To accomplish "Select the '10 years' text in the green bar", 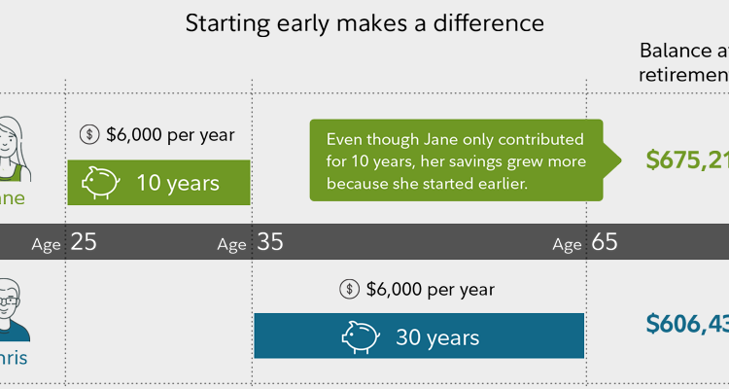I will point(178,183).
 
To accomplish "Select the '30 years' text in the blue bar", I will point(437,337).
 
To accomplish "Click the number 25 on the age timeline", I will point(84,242).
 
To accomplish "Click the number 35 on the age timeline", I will point(270,242).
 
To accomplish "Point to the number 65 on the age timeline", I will point(605,242).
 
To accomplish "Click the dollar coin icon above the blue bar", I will point(350,289).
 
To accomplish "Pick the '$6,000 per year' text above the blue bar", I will point(430,289).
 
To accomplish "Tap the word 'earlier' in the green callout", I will point(498,184).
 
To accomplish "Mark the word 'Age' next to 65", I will point(567,244).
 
